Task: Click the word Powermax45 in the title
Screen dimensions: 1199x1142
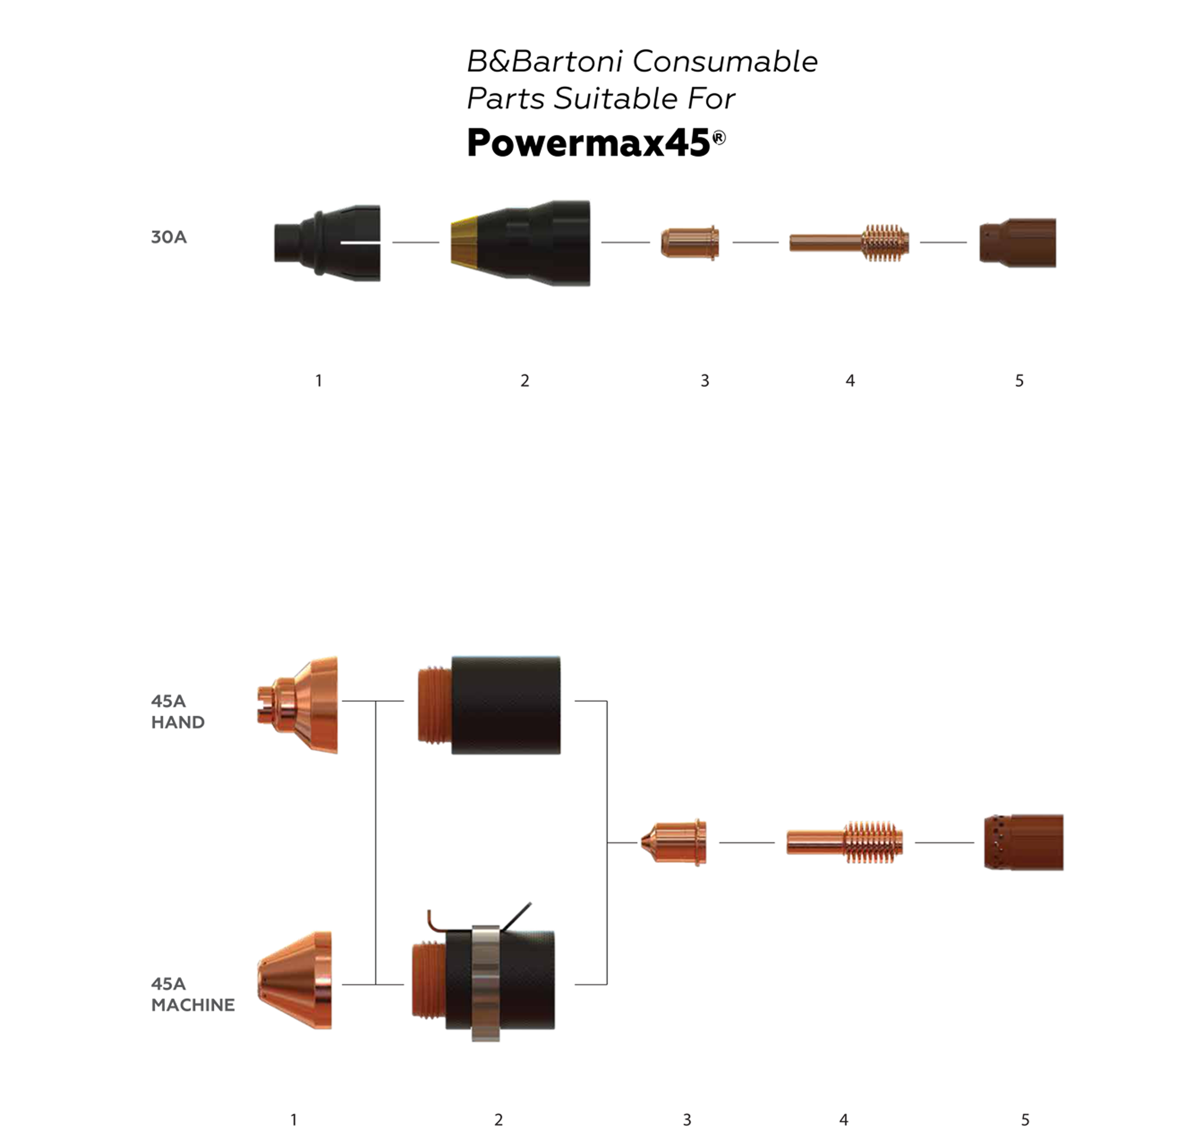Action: [x=588, y=143]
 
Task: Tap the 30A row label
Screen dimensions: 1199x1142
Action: [x=169, y=237]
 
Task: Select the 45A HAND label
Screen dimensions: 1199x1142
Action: [x=177, y=711]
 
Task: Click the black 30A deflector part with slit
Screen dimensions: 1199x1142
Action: [x=327, y=243]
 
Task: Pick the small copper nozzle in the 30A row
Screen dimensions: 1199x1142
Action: [x=690, y=243]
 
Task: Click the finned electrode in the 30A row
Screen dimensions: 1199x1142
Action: [x=849, y=243]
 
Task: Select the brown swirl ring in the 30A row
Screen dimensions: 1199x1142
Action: [x=1017, y=243]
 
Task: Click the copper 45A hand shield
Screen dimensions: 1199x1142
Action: [x=297, y=705]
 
